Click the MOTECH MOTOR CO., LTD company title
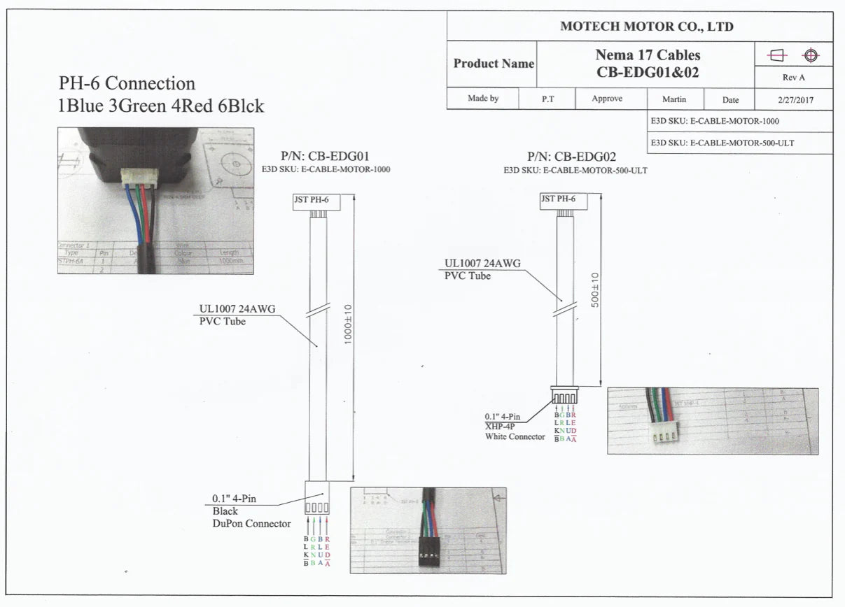(x=646, y=27)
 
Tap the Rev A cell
(x=793, y=78)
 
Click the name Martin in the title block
(x=673, y=99)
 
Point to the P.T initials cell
(x=547, y=99)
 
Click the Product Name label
(x=493, y=64)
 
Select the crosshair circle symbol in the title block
(x=811, y=55)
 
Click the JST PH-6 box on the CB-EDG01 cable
(x=316, y=201)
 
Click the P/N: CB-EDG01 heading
(x=325, y=157)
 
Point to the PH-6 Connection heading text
(x=127, y=83)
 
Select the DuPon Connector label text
(x=251, y=523)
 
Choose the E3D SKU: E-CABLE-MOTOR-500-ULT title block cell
(x=722, y=143)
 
